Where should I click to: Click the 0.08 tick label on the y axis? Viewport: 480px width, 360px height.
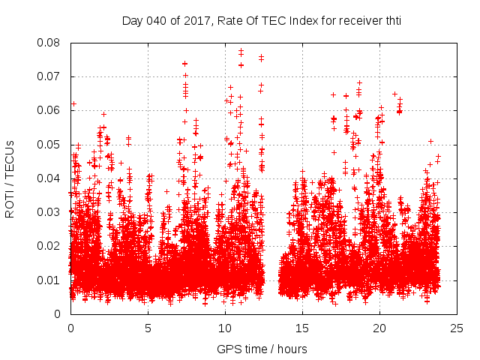[x=49, y=43]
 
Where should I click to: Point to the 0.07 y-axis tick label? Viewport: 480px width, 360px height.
[x=49, y=76]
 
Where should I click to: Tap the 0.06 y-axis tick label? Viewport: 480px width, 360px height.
[x=49, y=110]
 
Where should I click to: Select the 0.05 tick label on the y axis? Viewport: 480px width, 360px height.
[x=49, y=144]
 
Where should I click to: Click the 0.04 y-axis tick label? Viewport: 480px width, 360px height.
[x=49, y=178]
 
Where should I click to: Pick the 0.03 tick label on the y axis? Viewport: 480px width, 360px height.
[x=49, y=212]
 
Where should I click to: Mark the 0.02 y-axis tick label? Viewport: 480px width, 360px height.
[x=49, y=246]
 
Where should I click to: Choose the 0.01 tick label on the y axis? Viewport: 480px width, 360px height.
[x=49, y=280]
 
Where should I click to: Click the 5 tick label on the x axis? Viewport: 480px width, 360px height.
[x=148, y=328]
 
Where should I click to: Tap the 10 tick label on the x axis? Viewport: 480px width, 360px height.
[x=225, y=328]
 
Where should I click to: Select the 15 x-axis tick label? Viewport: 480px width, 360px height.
[x=302, y=328]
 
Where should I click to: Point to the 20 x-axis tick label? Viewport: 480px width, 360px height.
[x=379, y=328]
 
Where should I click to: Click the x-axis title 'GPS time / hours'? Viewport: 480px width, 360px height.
[x=262, y=349]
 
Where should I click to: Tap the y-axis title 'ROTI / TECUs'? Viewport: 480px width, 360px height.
[x=10, y=178]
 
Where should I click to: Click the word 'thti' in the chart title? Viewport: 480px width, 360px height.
[x=391, y=20]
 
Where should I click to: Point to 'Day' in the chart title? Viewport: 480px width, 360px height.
[x=132, y=20]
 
